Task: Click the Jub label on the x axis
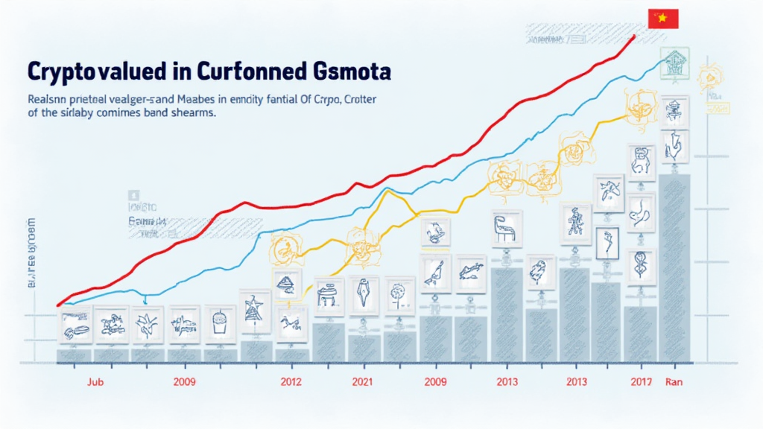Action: (x=94, y=382)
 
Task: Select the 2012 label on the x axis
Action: (x=290, y=382)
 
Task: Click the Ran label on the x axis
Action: (x=672, y=382)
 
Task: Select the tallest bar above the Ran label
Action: (x=674, y=268)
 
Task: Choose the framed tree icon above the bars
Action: (x=399, y=293)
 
